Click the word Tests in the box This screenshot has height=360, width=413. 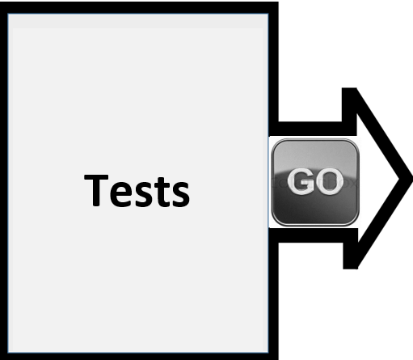coord(137,191)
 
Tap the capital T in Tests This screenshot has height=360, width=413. coord(96,190)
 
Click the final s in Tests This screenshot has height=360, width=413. coord(181,194)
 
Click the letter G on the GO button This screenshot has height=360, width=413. coord(299,181)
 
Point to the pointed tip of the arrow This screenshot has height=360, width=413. coord(411,178)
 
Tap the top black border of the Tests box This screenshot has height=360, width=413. coord(139,7)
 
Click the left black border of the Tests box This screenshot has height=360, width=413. coord(4,180)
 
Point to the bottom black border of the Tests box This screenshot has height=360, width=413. coord(139,356)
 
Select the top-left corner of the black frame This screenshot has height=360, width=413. coord(0,2)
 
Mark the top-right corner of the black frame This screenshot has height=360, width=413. coord(278,2)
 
